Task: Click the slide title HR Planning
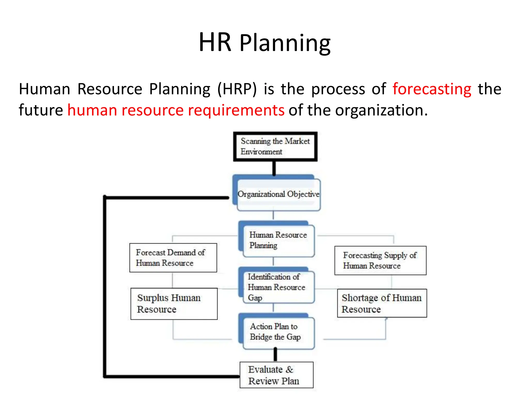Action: tap(264, 43)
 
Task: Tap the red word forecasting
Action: tap(432, 89)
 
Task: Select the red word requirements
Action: tap(236, 110)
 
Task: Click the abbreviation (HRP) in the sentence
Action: tap(237, 89)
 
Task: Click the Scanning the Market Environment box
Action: tap(275, 147)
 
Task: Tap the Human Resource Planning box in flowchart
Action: tap(278, 240)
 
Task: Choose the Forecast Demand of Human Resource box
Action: tap(173, 258)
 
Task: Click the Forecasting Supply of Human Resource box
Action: tap(380, 261)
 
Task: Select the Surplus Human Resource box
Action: tap(174, 304)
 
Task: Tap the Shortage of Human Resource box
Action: tap(382, 303)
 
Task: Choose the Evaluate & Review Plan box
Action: tap(276, 375)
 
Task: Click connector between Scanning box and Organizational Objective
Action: tap(274, 168)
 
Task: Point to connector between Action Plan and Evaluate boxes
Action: tap(275, 355)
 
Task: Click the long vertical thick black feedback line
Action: tap(105, 287)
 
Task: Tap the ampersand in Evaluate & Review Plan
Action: tap(289, 370)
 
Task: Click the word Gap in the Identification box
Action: tap(255, 298)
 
